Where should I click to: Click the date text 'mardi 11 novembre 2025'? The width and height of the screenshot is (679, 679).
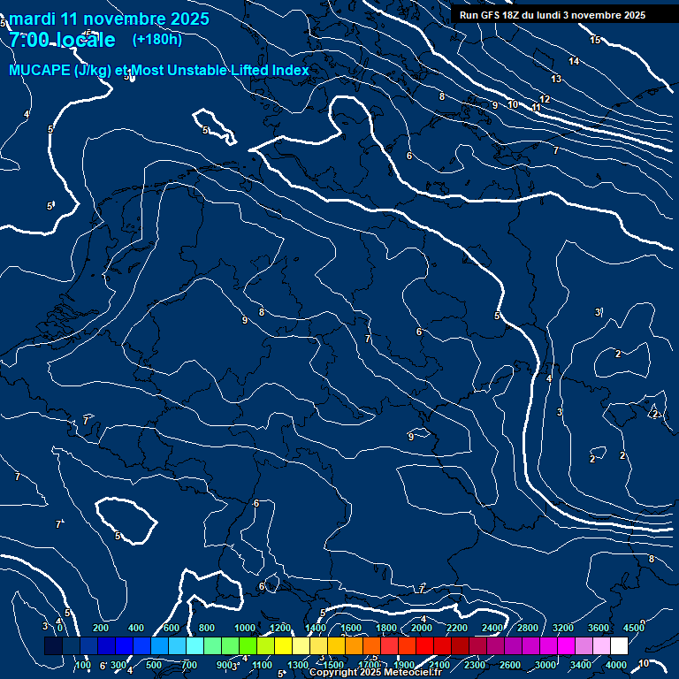[110, 19]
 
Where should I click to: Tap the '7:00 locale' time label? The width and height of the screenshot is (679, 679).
[62, 40]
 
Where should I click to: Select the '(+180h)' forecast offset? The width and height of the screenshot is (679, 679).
[156, 39]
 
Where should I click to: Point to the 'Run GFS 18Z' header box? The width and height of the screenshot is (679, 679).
[553, 15]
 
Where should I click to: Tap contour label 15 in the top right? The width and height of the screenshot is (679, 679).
[595, 40]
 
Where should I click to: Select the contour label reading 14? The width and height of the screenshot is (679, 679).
[574, 61]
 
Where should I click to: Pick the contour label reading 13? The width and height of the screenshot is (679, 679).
[556, 80]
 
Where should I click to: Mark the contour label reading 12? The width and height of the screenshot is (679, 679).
[545, 99]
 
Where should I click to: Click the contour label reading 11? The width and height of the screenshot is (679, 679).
[537, 107]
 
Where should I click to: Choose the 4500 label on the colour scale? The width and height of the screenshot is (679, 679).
[634, 628]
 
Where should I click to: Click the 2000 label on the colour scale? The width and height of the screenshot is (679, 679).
[422, 628]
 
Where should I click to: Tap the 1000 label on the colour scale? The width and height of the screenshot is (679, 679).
[245, 628]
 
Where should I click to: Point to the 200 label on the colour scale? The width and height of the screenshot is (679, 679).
[101, 628]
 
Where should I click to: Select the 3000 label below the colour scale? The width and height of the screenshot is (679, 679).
[545, 665]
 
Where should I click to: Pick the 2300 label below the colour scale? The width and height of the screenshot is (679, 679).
[475, 665]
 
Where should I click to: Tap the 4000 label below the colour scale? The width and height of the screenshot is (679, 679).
[616, 665]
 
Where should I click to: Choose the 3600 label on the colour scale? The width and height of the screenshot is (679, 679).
[599, 628]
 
